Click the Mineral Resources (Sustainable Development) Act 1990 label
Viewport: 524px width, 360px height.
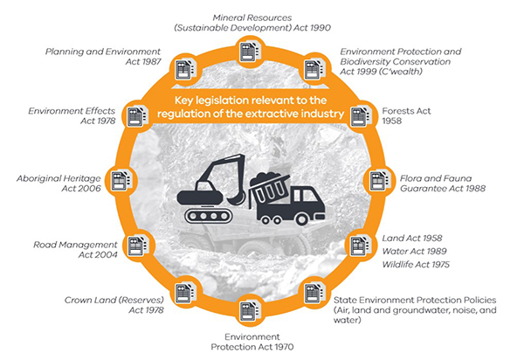[x=252, y=23]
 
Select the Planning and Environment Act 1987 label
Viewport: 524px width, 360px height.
[x=103, y=57]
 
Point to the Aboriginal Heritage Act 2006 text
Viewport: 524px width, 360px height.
[x=59, y=183]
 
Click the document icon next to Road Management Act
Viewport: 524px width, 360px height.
[x=137, y=246]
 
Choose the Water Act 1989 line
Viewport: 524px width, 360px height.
[x=414, y=251]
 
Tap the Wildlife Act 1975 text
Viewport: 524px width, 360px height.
[x=416, y=265]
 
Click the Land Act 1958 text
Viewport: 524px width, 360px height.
[x=412, y=238]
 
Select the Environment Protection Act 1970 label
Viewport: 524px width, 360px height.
[x=252, y=342]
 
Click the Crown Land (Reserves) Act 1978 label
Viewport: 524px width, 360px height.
[x=114, y=305]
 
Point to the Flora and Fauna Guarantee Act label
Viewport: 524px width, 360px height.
[x=443, y=183]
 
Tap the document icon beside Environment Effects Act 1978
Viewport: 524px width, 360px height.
[x=137, y=116]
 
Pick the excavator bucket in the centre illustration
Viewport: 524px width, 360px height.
[x=237, y=199]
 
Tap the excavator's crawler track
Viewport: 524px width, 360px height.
[x=209, y=216]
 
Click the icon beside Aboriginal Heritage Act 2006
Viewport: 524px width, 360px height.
[x=121, y=181]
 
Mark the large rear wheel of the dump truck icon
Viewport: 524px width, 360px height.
[x=302, y=219]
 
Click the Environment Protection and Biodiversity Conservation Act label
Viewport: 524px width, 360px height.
[x=401, y=61]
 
